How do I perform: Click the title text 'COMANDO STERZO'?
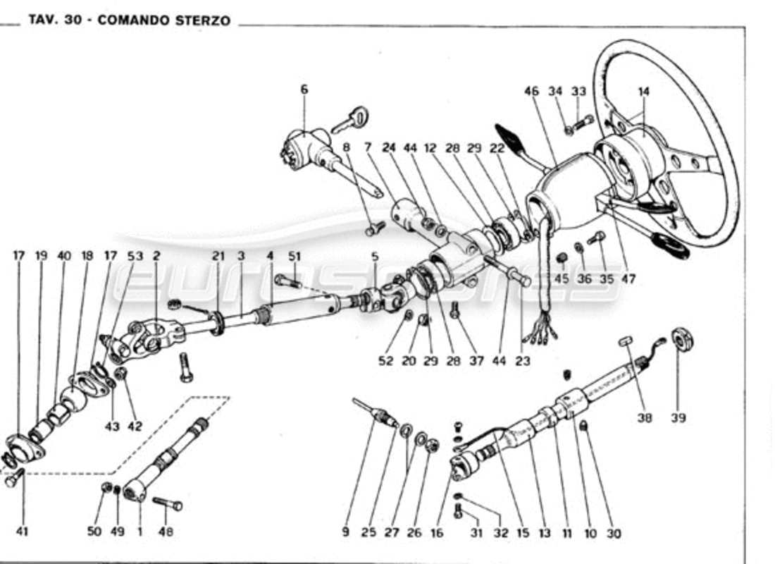pos(163,20)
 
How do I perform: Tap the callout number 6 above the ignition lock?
pos(304,90)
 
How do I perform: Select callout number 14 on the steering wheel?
pos(643,91)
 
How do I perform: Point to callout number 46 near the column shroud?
pos(531,91)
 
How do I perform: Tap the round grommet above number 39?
pos(681,339)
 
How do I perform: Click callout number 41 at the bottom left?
pos(22,532)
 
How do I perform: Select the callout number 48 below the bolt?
pos(166,532)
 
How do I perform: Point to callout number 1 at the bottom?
pos(139,532)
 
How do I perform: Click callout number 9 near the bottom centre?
pos(345,532)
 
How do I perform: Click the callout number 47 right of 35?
pos(628,279)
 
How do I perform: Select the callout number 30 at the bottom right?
pos(613,534)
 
